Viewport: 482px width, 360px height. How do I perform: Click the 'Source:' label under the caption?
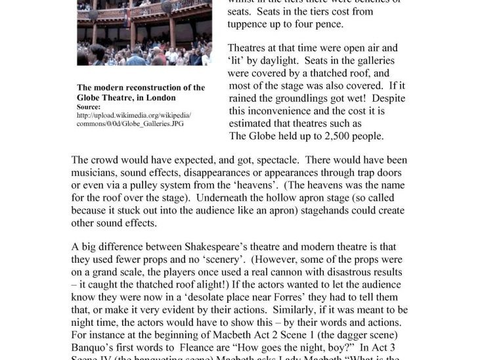[89, 106]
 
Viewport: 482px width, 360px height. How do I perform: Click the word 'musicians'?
[93, 173]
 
